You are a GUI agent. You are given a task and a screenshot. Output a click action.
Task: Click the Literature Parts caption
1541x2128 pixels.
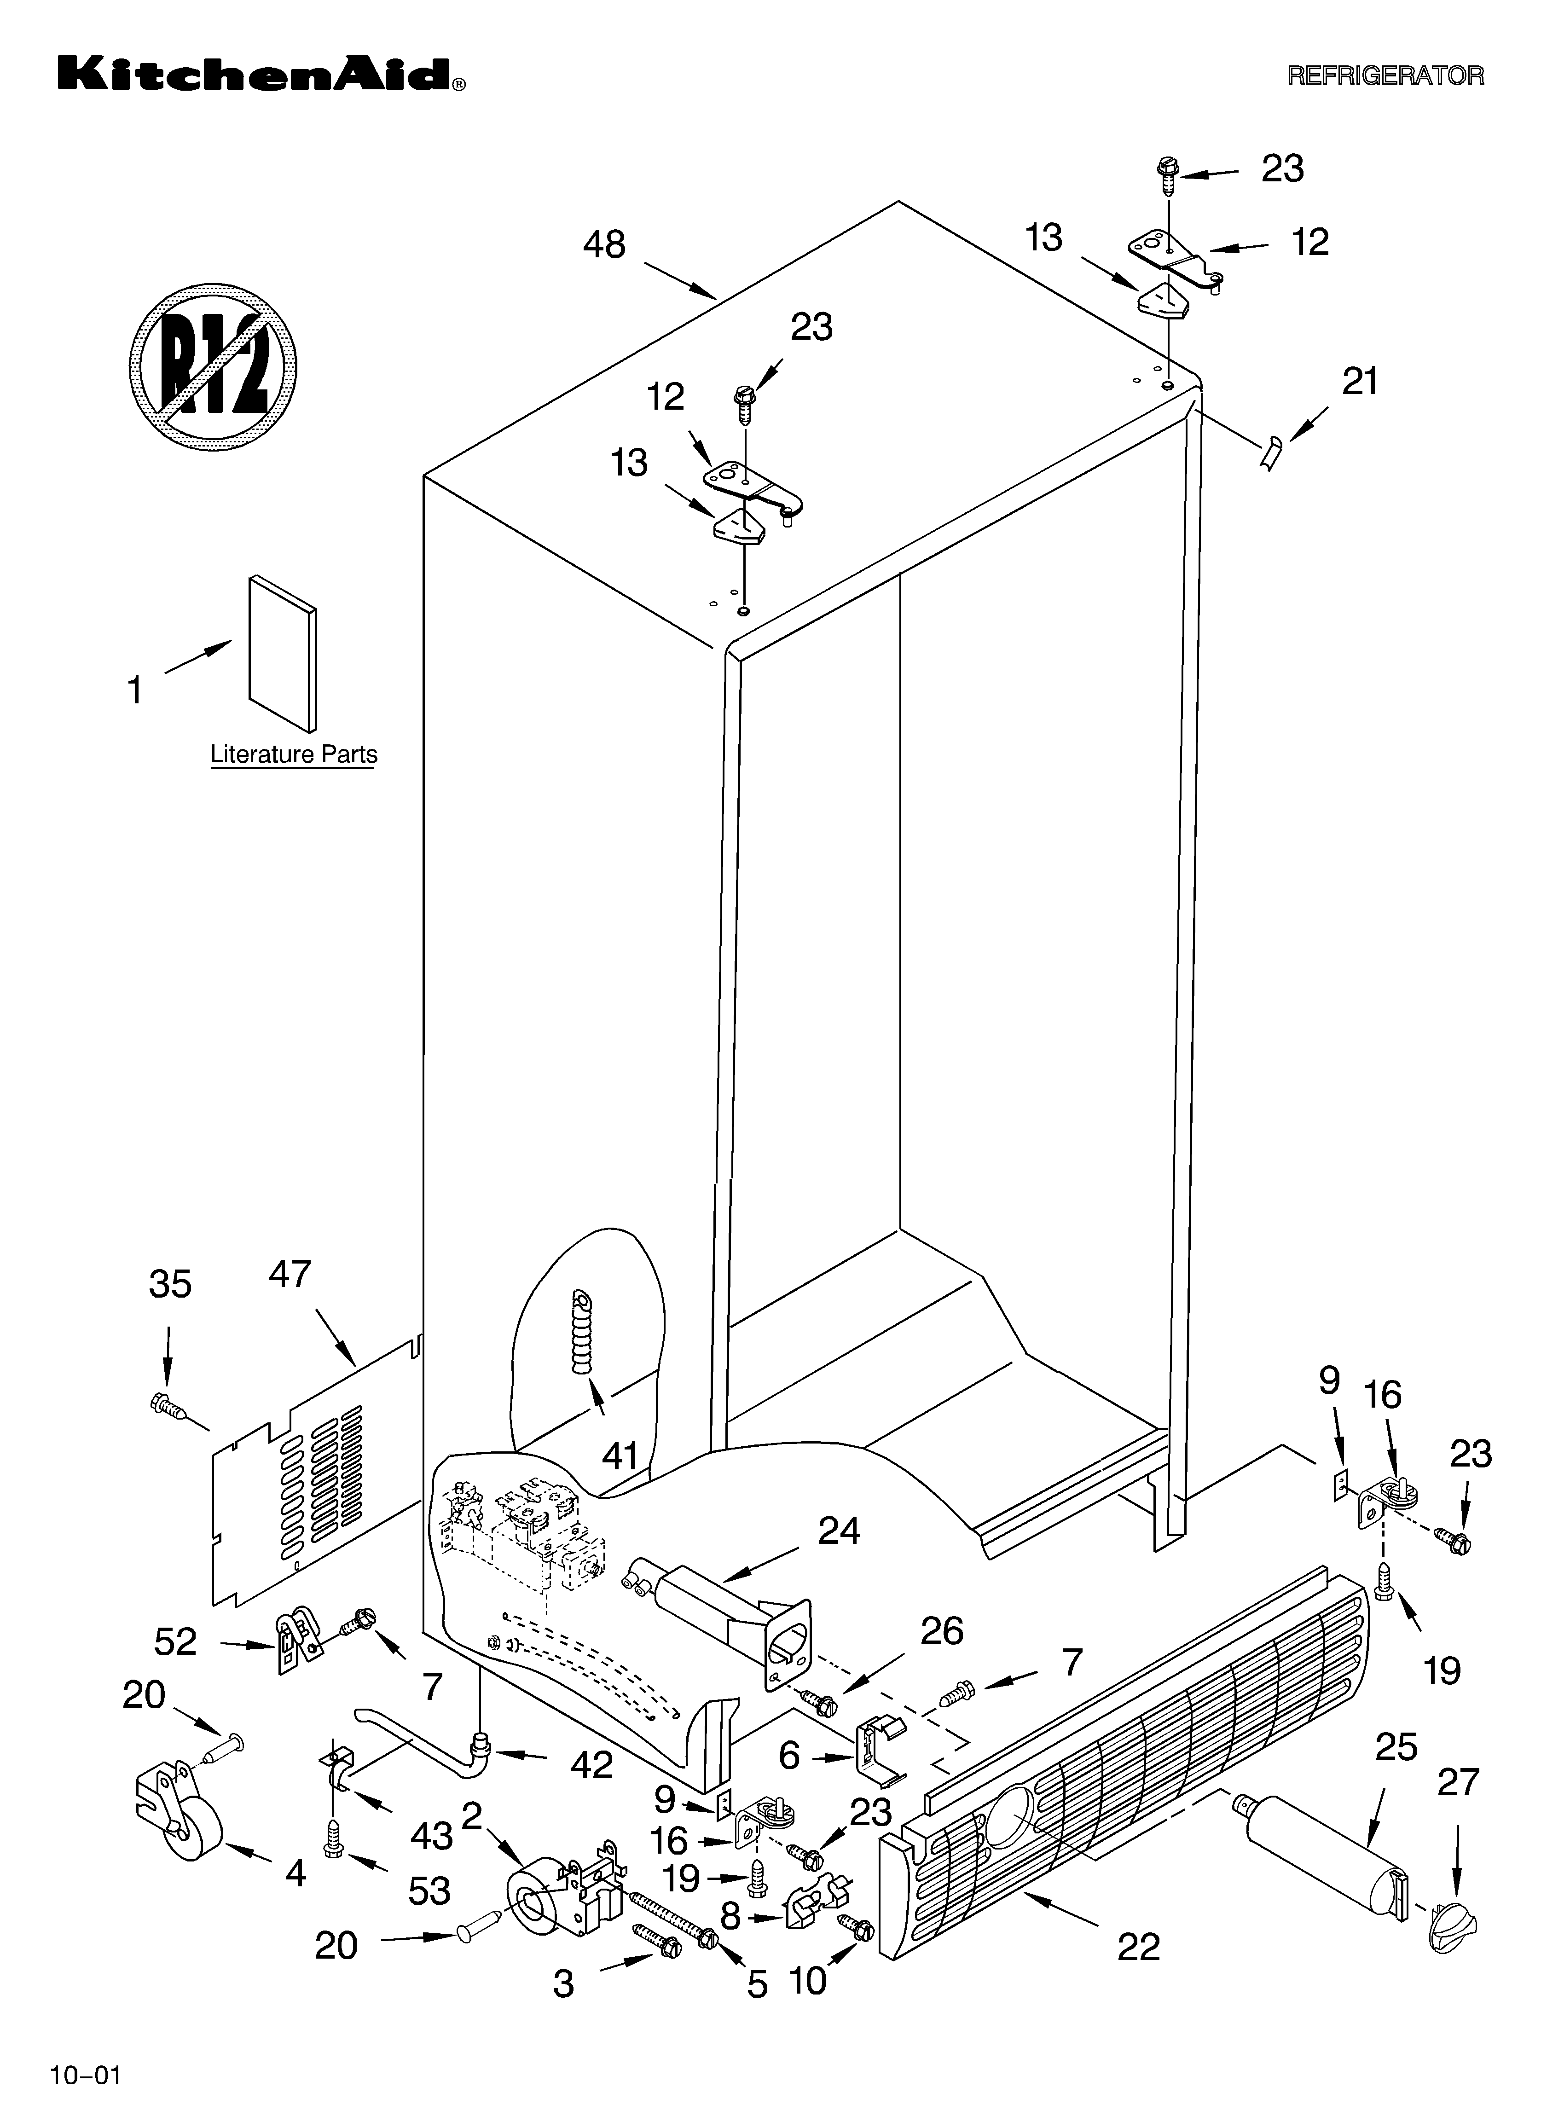tap(294, 754)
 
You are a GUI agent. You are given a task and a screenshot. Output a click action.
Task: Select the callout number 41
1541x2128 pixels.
tap(620, 1456)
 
